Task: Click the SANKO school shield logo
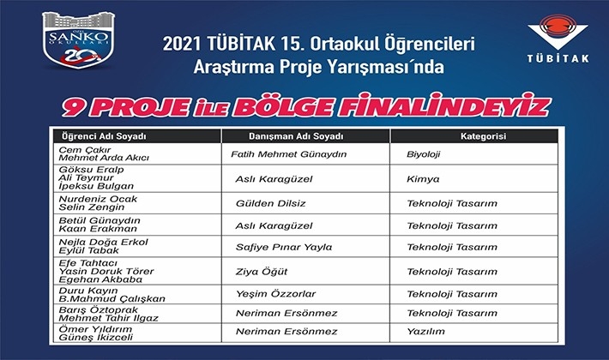tap(79, 40)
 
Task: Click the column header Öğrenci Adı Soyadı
tap(104, 136)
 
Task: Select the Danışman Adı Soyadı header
tap(296, 136)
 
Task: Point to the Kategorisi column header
tap(483, 136)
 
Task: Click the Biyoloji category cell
tap(424, 154)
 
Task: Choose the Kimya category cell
tap(423, 179)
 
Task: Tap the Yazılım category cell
tap(425, 332)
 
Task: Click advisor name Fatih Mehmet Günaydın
tap(288, 154)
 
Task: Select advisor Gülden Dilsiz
tap(271, 204)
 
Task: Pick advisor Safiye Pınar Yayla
tap(284, 248)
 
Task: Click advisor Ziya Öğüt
tap(262, 272)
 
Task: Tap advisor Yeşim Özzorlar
tap(275, 294)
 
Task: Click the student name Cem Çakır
tap(85, 150)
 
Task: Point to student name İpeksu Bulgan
tap(96, 186)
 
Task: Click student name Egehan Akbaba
tap(100, 279)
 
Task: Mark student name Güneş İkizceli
tap(96, 338)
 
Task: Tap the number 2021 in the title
tap(182, 44)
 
